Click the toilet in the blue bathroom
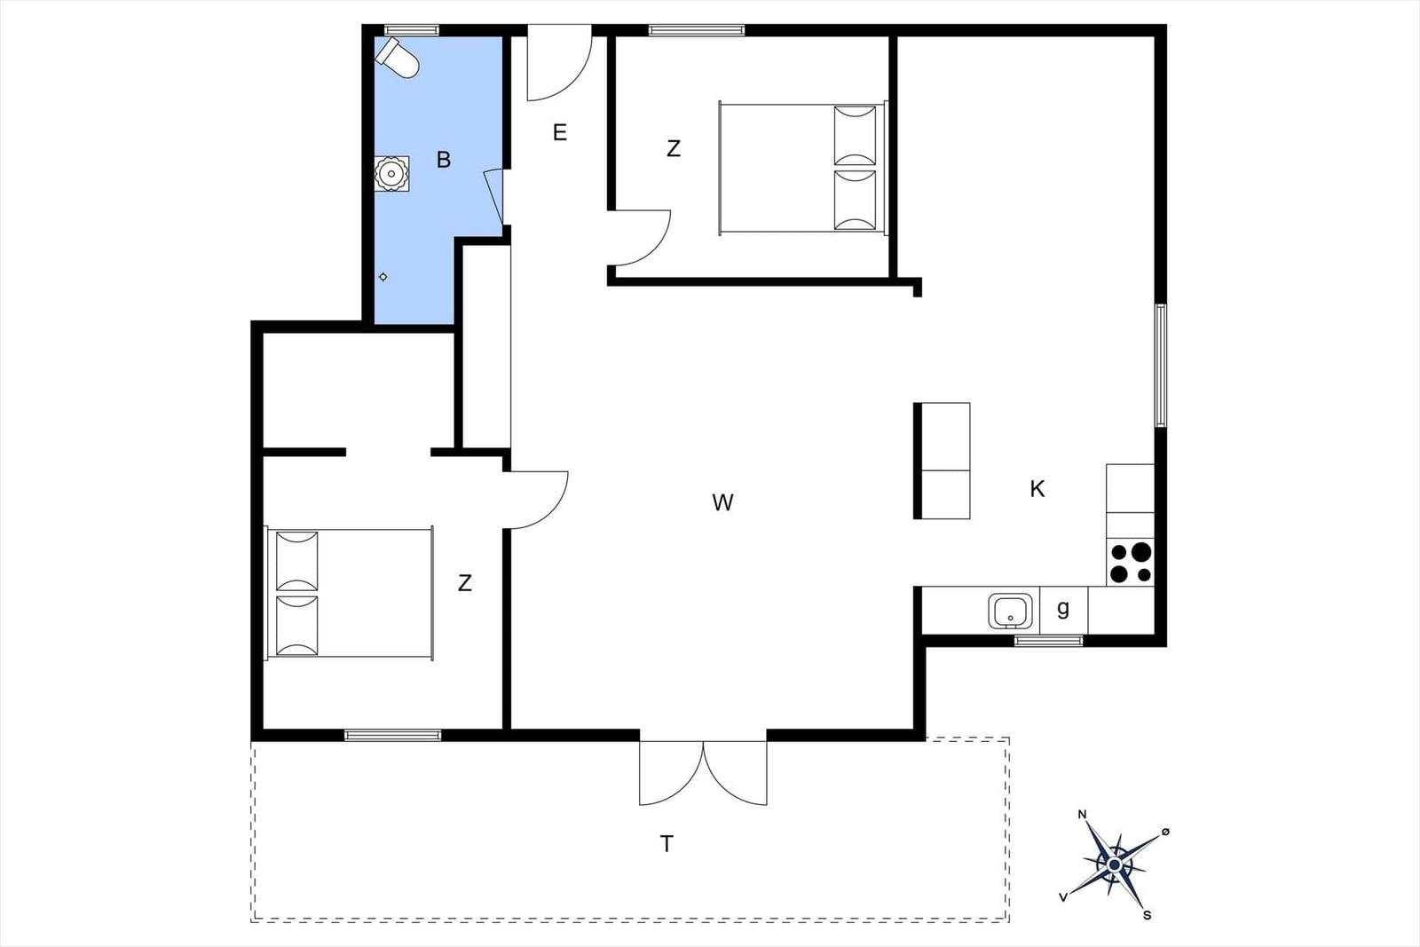[x=398, y=58]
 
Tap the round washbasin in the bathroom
[x=391, y=174]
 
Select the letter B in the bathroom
[x=444, y=160]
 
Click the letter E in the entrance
[x=560, y=132]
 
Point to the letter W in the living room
[x=722, y=502]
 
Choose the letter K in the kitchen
[x=1037, y=489]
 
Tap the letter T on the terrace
[x=667, y=844]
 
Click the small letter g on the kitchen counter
[x=1063, y=609]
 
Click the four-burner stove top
[x=1131, y=563]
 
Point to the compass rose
[x=1115, y=864]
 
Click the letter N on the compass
[x=1083, y=815]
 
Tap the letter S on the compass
[x=1148, y=915]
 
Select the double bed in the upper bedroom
[x=803, y=168]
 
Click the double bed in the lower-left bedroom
[x=350, y=593]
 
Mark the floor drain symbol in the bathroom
[x=383, y=277]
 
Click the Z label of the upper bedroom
[x=674, y=149]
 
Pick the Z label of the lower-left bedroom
[x=465, y=583]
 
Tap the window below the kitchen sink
[x=1049, y=641]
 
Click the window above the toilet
[x=412, y=30]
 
